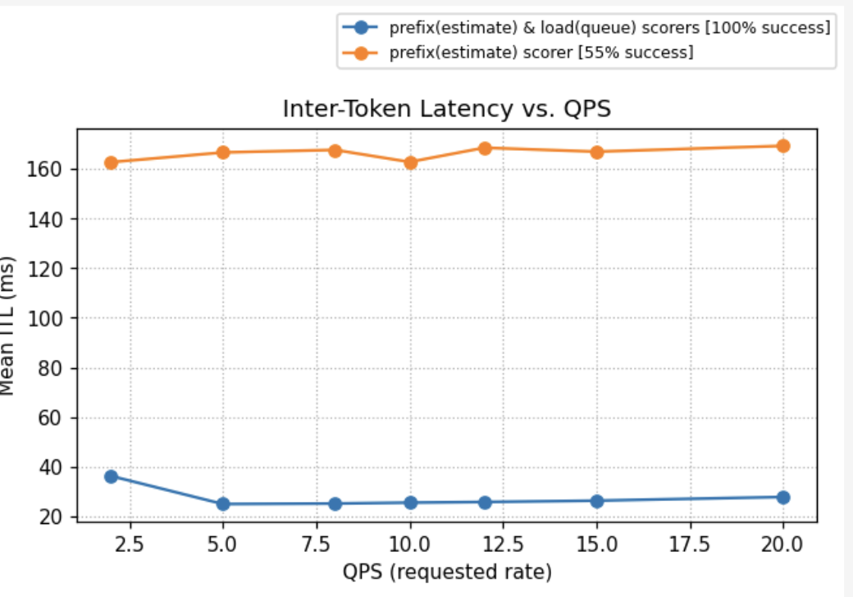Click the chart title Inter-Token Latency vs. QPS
coord(446,109)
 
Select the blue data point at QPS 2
coord(111,476)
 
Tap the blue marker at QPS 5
coord(223,504)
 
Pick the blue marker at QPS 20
coord(783,497)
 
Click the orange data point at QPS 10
coord(410,162)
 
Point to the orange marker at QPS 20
coord(783,146)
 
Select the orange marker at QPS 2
coord(111,162)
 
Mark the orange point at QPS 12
coord(485,148)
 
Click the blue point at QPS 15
coord(597,501)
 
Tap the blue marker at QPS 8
coord(335,504)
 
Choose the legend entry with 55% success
coord(541,52)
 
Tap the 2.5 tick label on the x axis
coord(130,544)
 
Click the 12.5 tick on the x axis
coord(504,544)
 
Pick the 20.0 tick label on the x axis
coord(783,544)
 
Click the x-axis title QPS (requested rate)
coord(447,571)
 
